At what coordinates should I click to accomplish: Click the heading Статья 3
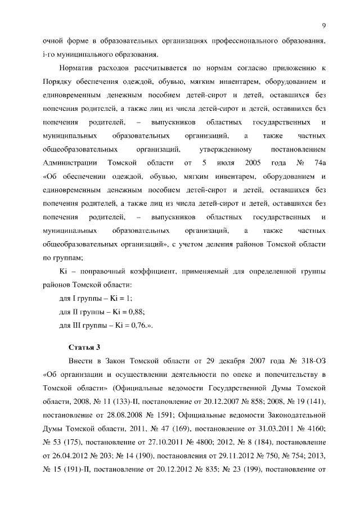coord(84,346)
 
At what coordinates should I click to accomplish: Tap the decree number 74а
coord(319,163)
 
